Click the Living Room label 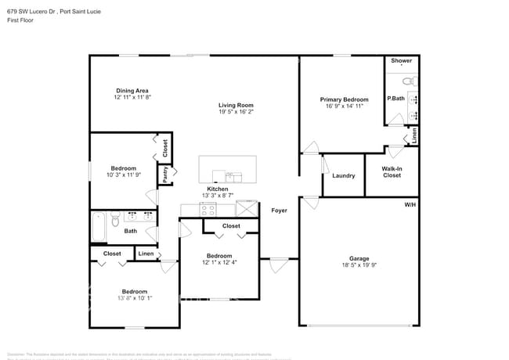235,105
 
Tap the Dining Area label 132,91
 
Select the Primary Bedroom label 344,99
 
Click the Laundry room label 343,175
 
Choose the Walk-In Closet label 392,171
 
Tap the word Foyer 279,211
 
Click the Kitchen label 217,189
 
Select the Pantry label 165,174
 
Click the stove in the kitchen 208,209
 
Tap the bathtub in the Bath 97,226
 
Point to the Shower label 401,60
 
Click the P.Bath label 395,98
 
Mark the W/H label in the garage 410,204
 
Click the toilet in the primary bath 408,81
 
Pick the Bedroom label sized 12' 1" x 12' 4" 219,256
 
